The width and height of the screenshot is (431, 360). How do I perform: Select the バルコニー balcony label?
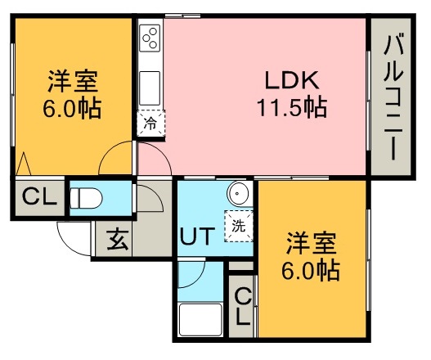coord(393,95)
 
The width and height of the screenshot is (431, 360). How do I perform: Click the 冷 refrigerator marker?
coord(150,124)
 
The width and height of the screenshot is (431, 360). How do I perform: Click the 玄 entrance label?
coord(118,241)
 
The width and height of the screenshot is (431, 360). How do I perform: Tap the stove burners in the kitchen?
coord(150,38)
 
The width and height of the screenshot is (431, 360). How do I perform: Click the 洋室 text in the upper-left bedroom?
coord(73,83)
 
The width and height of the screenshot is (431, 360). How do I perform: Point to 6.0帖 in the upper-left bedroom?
coord(73,108)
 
